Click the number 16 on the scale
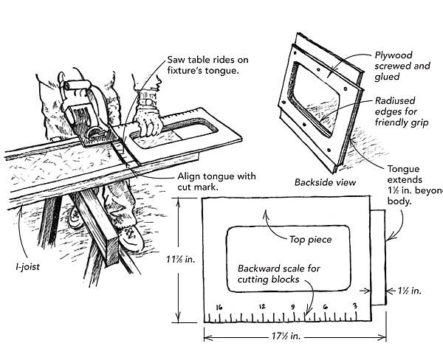pyautogui.click(x=219, y=306)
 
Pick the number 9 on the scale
pyautogui.click(x=293, y=306)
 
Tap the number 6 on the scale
pyautogui.click(x=326, y=306)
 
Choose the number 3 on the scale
pyautogui.click(x=356, y=306)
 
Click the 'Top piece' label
pyautogui.click(x=309, y=240)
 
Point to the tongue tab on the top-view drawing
pyautogui.click(x=377, y=258)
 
